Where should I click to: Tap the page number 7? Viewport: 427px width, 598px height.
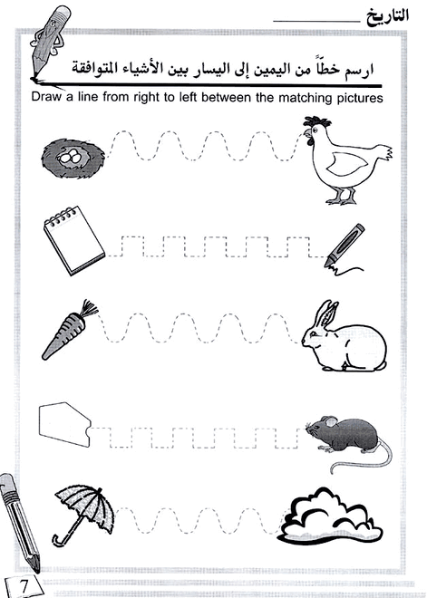pos(24,583)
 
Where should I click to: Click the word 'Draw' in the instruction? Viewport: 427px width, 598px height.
pos(47,98)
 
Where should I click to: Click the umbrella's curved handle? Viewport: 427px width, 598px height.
pos(60,540)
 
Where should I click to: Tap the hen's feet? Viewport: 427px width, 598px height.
pos(340,198)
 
